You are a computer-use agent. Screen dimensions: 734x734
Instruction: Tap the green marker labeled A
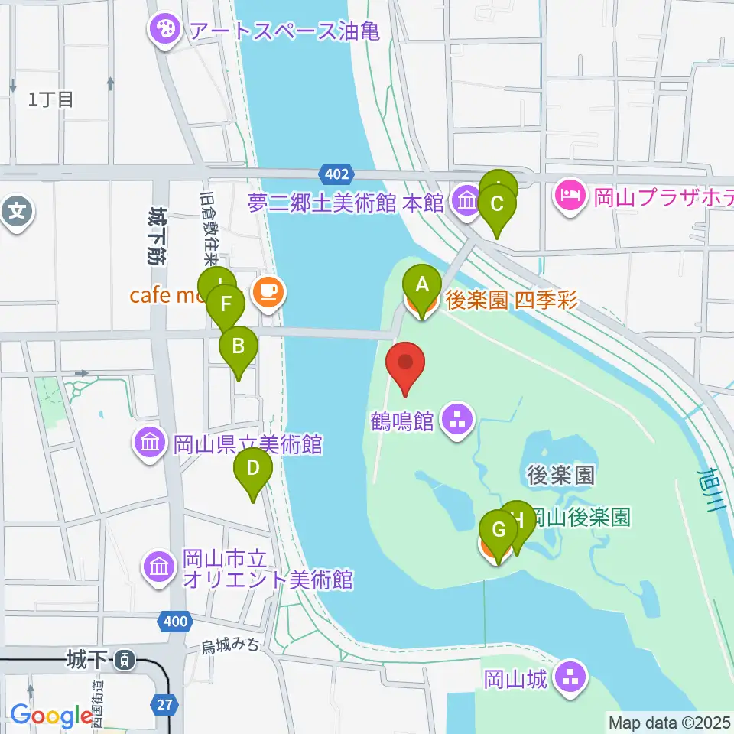point(421,285)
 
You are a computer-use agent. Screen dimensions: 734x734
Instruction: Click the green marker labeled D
point(253,468)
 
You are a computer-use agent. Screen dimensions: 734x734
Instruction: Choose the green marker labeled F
point(226,305)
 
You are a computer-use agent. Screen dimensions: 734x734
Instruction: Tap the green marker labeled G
point(498,531)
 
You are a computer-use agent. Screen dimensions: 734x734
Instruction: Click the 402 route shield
point(336,174)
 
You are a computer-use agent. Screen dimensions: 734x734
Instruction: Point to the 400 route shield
point(176,622)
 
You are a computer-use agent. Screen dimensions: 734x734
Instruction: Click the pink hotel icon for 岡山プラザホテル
point(570,197)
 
